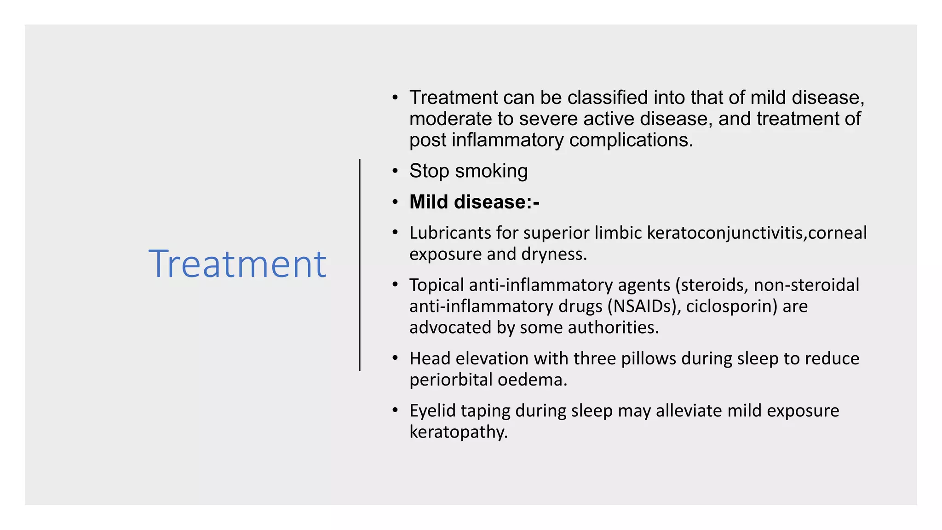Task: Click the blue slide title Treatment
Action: (x=237, y=264)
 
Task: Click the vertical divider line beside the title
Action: (x=360, y=265)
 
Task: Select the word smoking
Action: (x=491, y=171)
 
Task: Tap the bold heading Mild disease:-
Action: (x=474, y=202)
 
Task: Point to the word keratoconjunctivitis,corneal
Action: (x=757, y=233)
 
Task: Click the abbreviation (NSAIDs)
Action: (x=644, y=306)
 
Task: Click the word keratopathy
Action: (x=458, y=432)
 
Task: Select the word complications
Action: (x=631, y=140)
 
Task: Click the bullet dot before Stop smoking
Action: (x=395, y=171)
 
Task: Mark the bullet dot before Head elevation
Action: (x=395, y=358)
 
